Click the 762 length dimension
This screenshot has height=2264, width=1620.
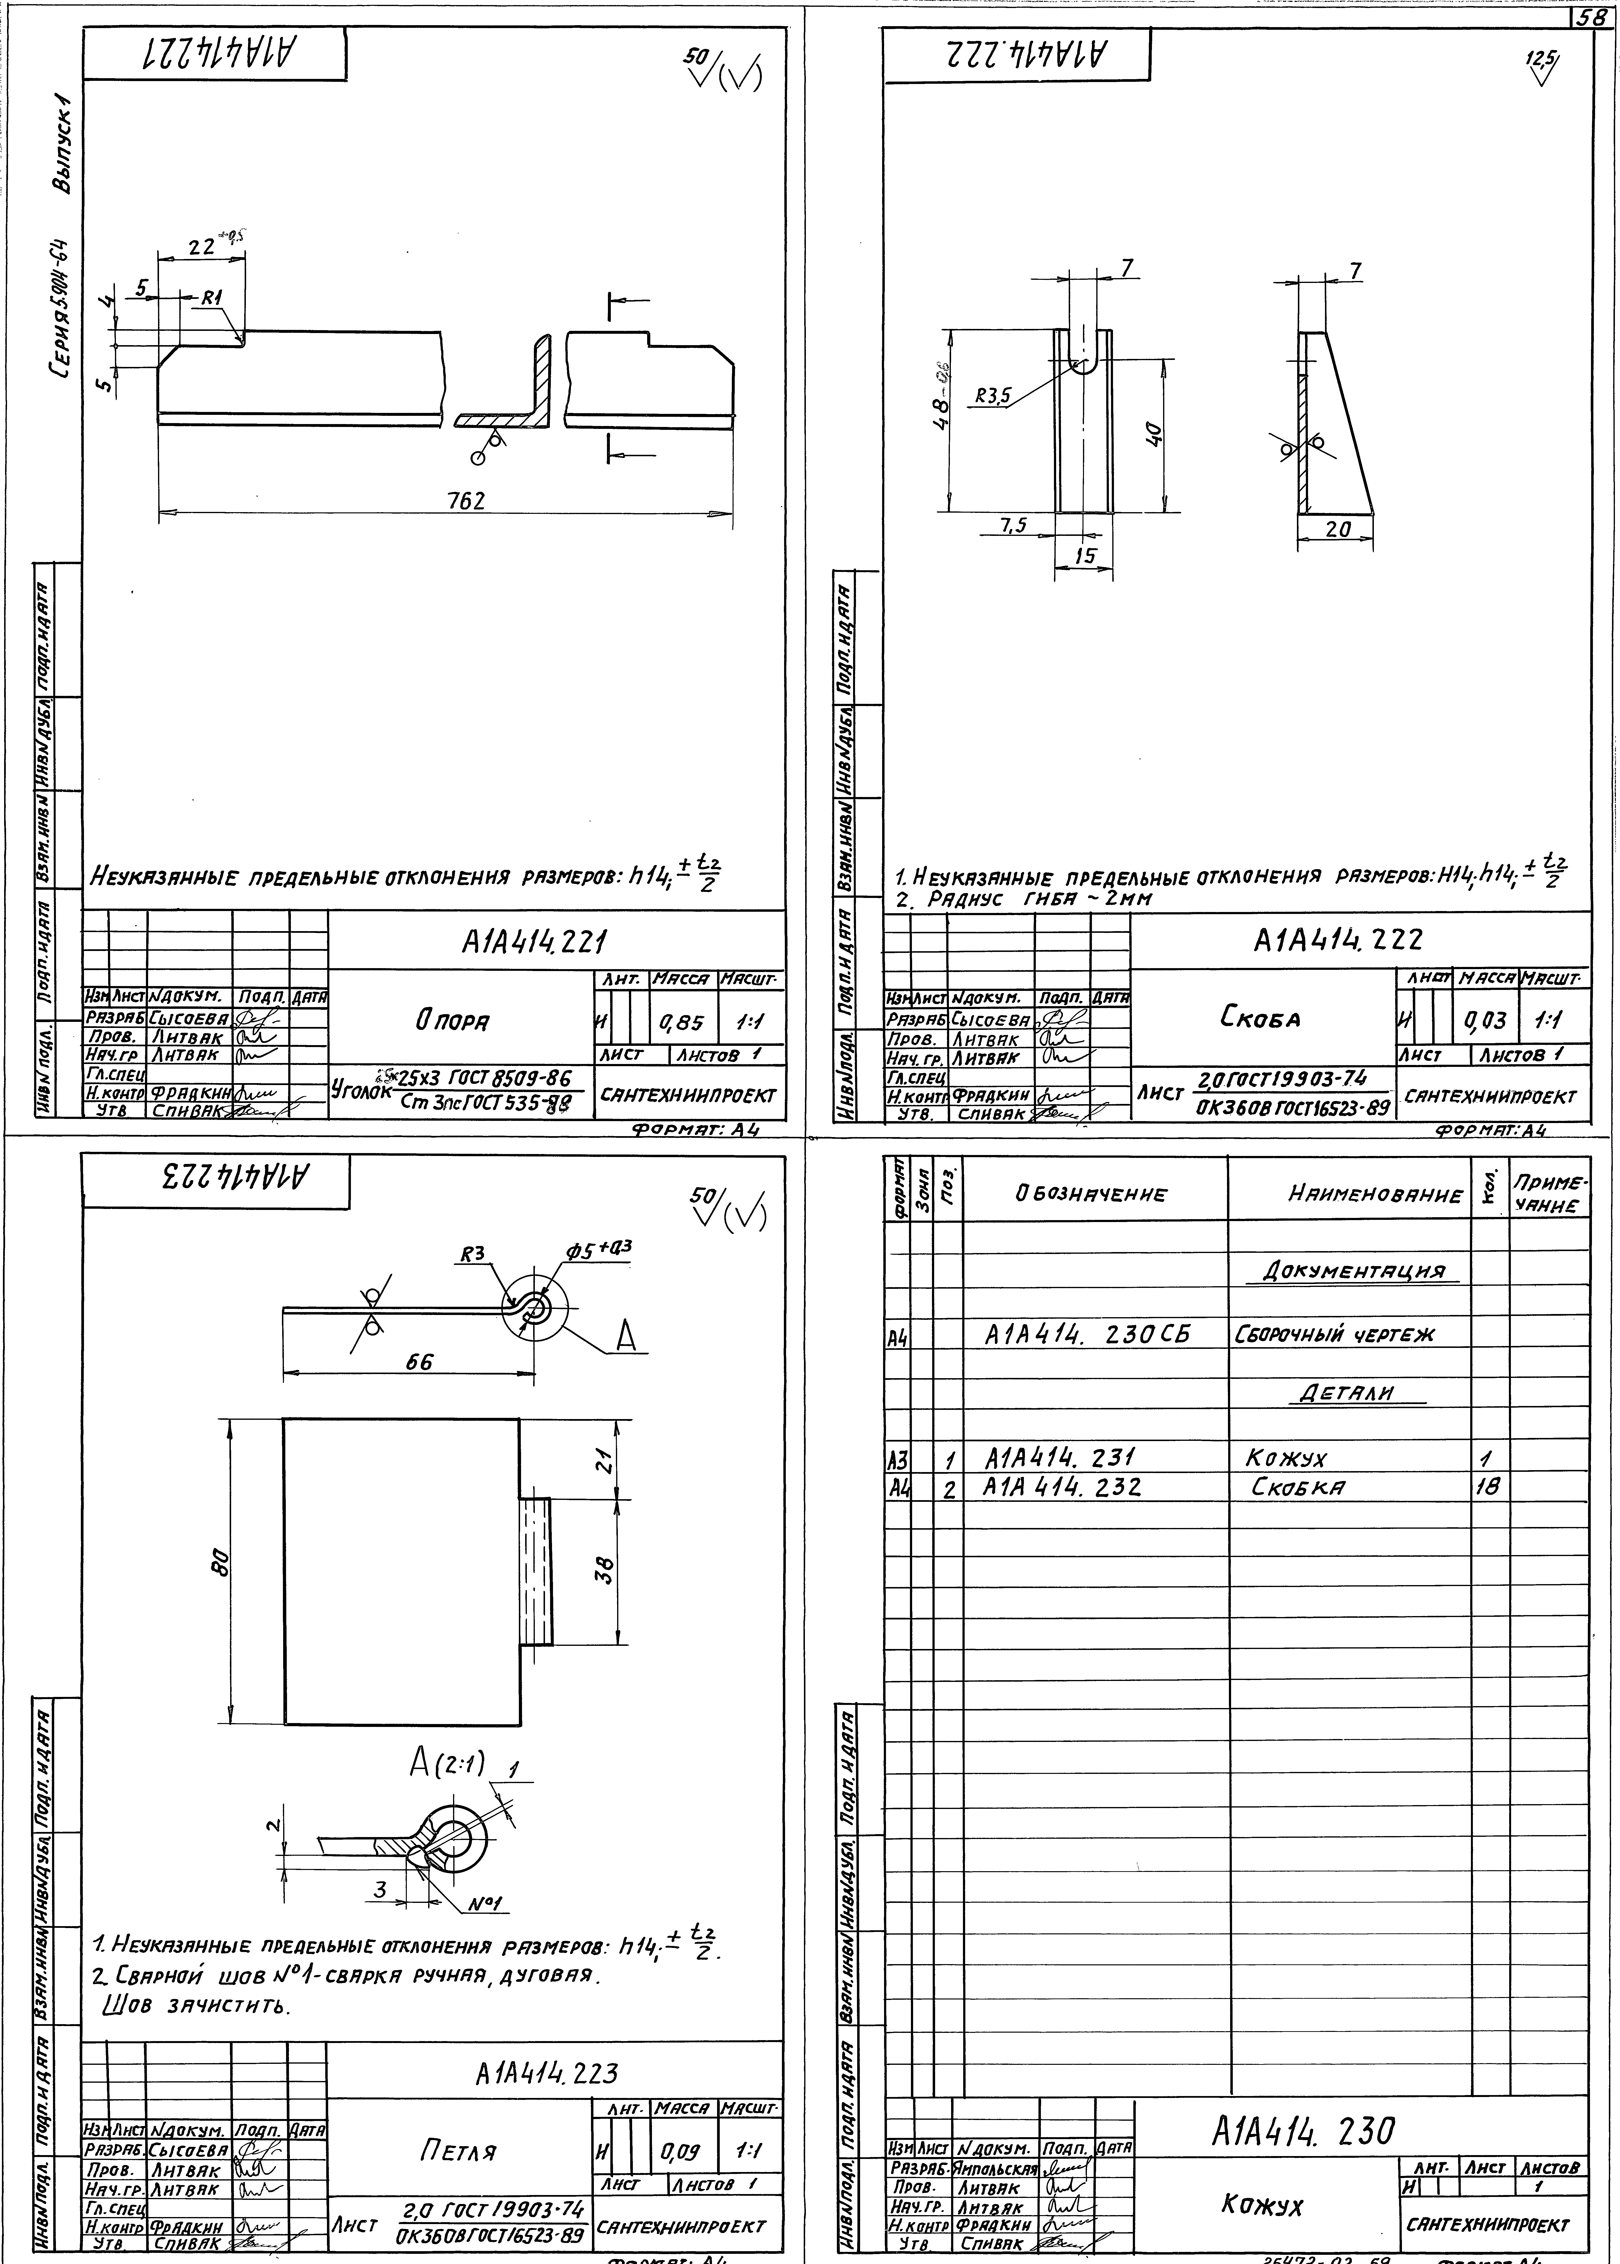(x=466, y=502)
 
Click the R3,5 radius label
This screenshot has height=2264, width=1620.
(x=992, y=396)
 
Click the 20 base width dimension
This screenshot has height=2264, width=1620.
(x=1338, y=531)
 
